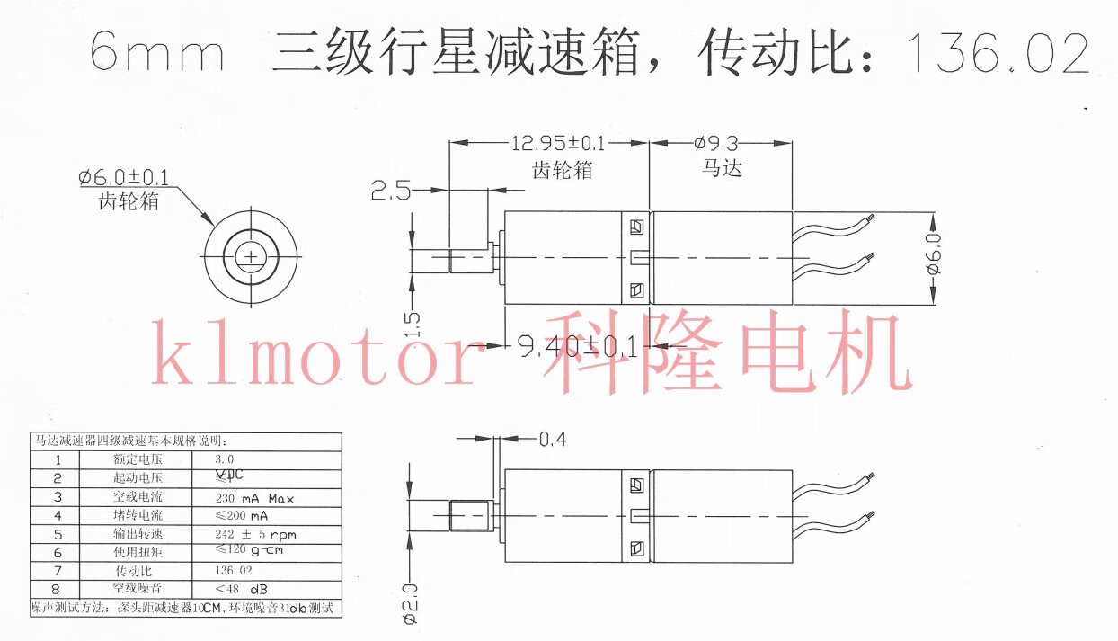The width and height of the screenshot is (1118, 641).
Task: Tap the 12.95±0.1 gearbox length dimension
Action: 558,144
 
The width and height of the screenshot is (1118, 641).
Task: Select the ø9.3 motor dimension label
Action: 715,144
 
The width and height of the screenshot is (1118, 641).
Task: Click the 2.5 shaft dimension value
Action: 391,190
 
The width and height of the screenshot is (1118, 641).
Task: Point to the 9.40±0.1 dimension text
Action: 575,345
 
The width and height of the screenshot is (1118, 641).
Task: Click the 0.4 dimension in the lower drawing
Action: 553,440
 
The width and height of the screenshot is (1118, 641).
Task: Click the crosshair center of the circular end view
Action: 250,258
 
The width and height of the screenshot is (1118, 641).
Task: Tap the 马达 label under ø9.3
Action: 722,168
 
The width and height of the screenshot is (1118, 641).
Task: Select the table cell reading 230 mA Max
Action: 254,498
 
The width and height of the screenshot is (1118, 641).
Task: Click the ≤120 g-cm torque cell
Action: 249,550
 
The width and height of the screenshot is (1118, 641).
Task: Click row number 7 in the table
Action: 58,571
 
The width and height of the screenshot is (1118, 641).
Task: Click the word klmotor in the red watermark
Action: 315,358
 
